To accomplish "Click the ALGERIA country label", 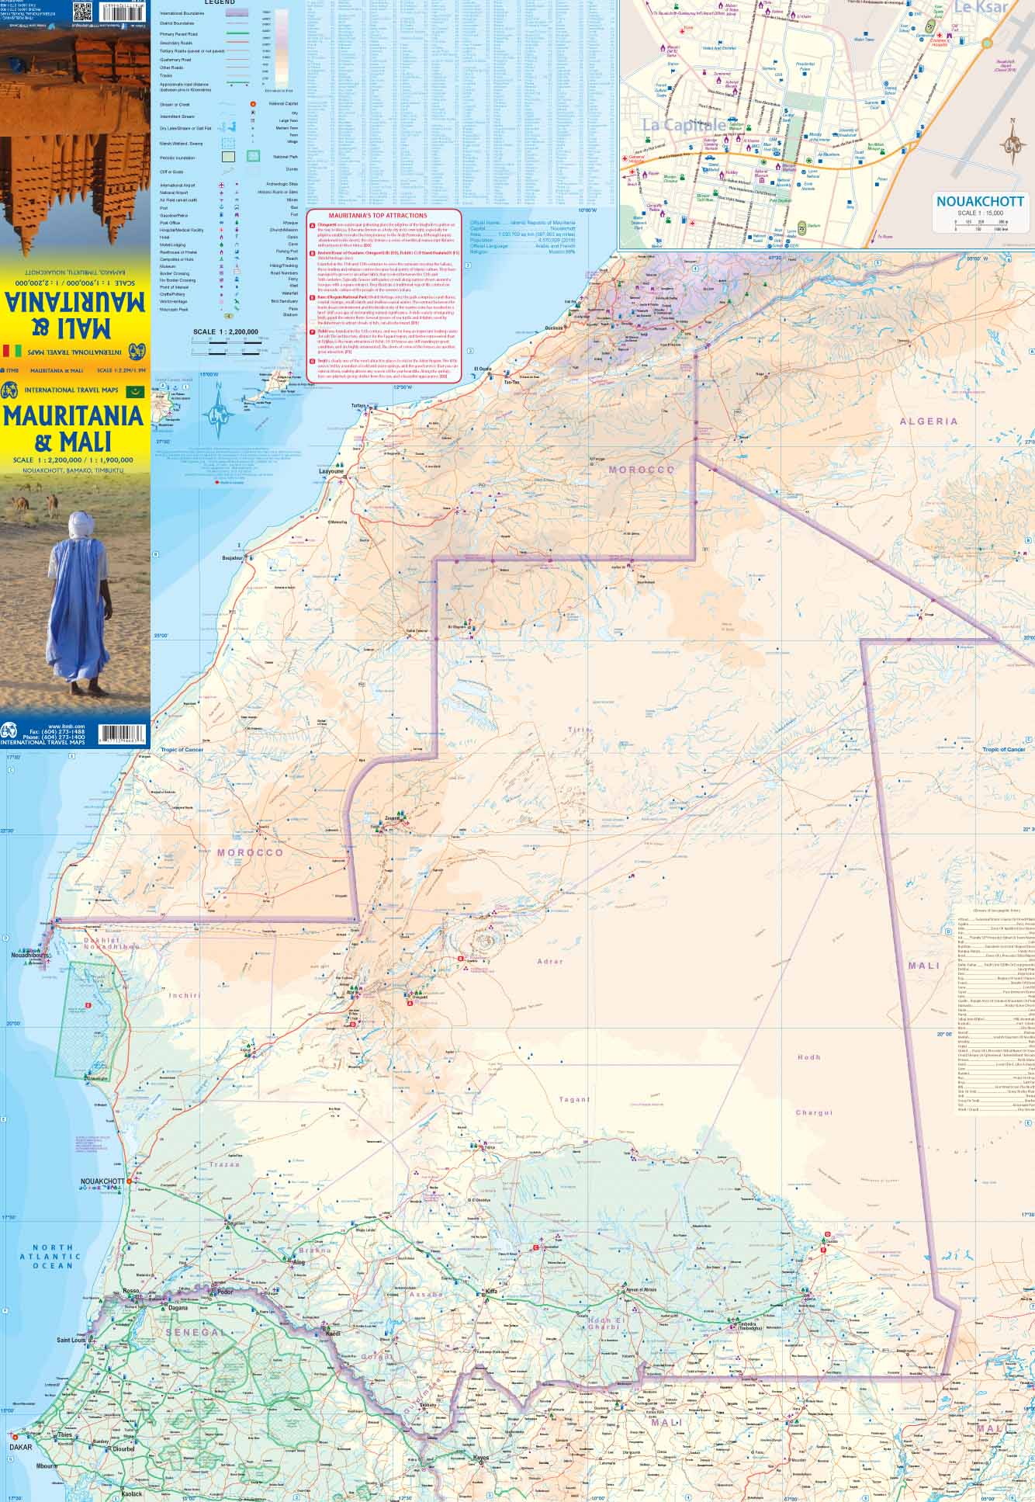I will (929, 421).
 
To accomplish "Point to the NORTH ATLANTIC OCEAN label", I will (53, 1256).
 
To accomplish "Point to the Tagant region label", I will (574, 1099).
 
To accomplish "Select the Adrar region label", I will (550, 962).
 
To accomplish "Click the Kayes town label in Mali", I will (482, 1458).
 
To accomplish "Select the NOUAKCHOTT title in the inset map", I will (980, 201).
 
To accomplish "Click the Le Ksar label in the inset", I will (980, 8).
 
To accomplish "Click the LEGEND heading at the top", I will (219, 3).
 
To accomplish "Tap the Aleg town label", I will (300, 1263).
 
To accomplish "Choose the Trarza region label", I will (224, 1164).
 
